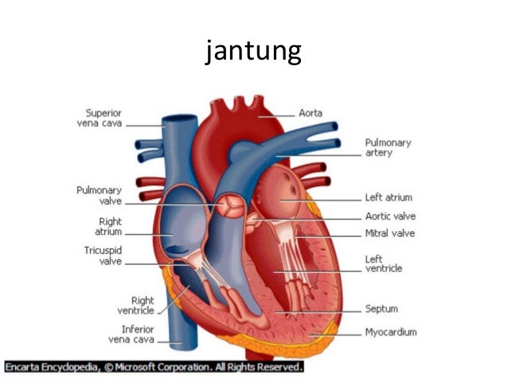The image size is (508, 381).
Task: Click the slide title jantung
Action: [253, 52]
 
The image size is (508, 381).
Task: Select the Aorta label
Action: [310, 114]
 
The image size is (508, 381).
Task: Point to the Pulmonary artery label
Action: [388, 147]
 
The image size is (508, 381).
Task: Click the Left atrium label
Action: [388, 197]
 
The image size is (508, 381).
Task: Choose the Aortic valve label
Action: [389, 216]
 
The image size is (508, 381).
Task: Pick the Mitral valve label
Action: [389, 234]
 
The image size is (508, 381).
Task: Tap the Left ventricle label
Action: [383, 264]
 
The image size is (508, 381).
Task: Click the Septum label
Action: [381, 309]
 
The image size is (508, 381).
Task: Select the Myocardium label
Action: [390, 332]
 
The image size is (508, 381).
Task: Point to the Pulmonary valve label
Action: [100, 196]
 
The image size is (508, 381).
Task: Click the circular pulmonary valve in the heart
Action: [229, 205]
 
